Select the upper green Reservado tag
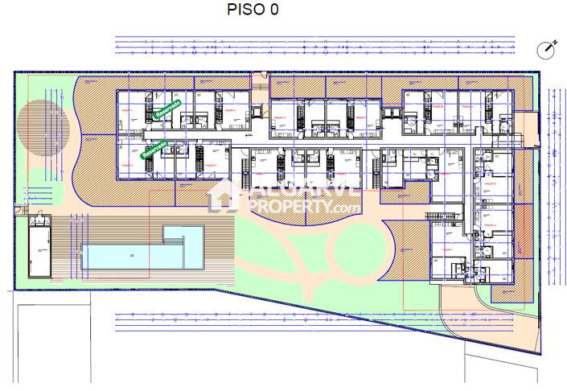(x=167, y=111)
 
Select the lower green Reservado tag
(x=155, y=149)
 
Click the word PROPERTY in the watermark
(x=289, y=208)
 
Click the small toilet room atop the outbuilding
(x=38, y=221)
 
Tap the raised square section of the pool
(x=184, y=235)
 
